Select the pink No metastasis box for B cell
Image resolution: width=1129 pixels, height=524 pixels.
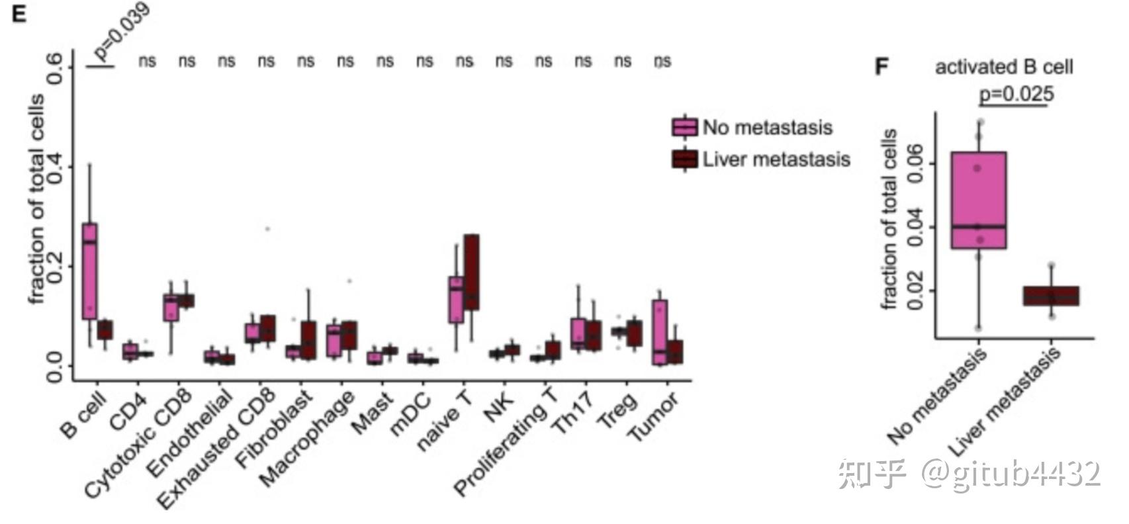point(89,271)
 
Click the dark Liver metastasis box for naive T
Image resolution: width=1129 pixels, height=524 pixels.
point(472,271)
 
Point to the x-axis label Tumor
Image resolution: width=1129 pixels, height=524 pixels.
point(654,417)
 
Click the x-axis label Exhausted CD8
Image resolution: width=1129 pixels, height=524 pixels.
point(218,450)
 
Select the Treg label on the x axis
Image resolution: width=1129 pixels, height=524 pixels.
point(618,410)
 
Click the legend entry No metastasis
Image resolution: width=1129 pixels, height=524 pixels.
point(767,127)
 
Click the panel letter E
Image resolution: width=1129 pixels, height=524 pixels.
point(19,14)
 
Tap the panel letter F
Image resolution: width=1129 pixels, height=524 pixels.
point(881,67)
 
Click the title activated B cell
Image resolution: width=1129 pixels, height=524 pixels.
point(1004,67)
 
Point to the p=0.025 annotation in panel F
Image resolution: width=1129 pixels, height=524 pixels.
point(1016,94)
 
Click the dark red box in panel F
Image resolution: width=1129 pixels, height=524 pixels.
point(1051,296)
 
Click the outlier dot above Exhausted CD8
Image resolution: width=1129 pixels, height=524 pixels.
point(267,229)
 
